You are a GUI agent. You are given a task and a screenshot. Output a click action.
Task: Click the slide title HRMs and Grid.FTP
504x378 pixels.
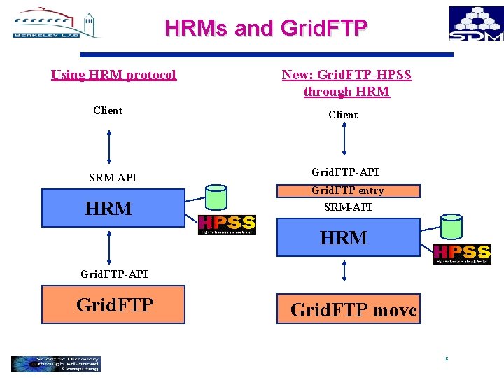point(265,27)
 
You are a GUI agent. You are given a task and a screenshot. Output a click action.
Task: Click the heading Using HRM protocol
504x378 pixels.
point(113,75)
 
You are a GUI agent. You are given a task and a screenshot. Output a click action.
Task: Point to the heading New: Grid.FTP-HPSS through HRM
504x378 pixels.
point(346,83)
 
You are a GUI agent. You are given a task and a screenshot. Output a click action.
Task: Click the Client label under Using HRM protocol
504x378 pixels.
point(108,111)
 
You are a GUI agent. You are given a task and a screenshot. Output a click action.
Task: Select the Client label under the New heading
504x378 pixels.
point(343,115)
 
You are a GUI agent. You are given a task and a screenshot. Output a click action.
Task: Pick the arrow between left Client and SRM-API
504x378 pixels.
point(108,145)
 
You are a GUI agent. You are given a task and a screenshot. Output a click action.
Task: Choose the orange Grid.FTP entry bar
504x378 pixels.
point(348,190)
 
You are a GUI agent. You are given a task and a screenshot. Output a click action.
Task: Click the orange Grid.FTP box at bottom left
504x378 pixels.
point(113,304)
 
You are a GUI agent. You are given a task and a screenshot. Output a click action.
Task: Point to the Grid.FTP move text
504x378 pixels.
point(353,310)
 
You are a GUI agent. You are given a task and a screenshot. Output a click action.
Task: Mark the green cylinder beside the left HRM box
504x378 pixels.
point(216,199)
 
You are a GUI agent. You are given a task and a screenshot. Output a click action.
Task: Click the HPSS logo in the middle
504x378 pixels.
point(227,225)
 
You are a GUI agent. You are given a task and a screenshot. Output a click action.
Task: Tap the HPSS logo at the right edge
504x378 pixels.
point(462,254)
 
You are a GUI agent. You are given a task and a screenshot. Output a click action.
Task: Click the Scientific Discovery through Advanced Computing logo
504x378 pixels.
point(56,364)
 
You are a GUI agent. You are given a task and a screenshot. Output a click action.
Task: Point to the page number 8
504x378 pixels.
point(446,359)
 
